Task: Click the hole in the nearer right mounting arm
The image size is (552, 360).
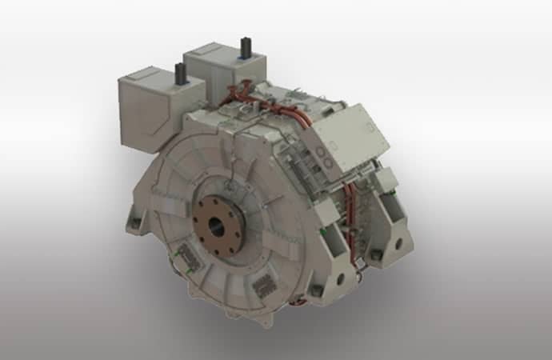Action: [341, 278]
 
